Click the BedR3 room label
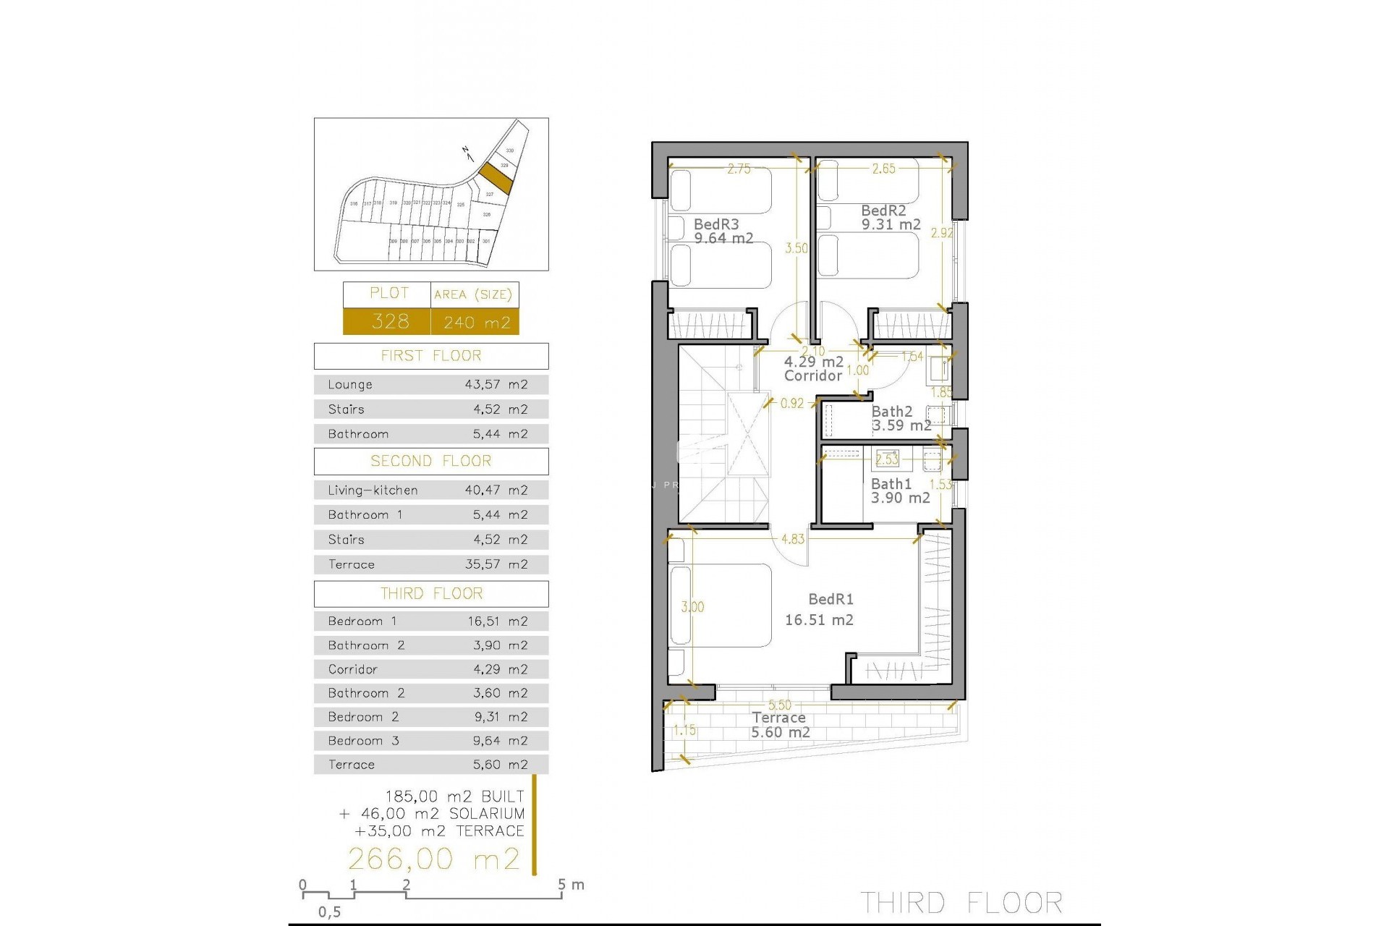pyautogui.click(x=716, y=225)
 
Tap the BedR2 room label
pyautogui.click(x=883, y=211)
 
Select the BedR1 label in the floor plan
pyautogui.click(x=831, y=600)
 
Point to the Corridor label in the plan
pyautogui.click(x=813, y=375)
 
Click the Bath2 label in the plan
pyautogui.click(x=892, y=412)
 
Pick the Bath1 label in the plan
pyautogui.click(x=891, y=484)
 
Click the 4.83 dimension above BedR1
pyautogui.click(x=793, y=539)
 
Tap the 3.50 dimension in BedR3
pyautogui.click(x=797, y=248)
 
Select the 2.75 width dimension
pyautogui.click(x=739, y=169)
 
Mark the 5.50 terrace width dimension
pyautogui.click(x=780, y=705)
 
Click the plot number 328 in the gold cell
pyautogui.click(x=390, y=321)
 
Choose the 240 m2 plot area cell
pyautogui.click(x=477, y=323)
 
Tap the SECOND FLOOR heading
pyautogui.click(x=431, y=462)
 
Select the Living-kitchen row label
pyautogui.click(x=373, y=490)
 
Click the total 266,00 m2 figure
pyautogui.click(x=434, y=859)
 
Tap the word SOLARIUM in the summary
pyautogui.click(x=487, y=814)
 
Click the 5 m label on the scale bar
pyautogui.click(x=571, y=885)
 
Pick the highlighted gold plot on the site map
pyautogui.click(x=496, y=177)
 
